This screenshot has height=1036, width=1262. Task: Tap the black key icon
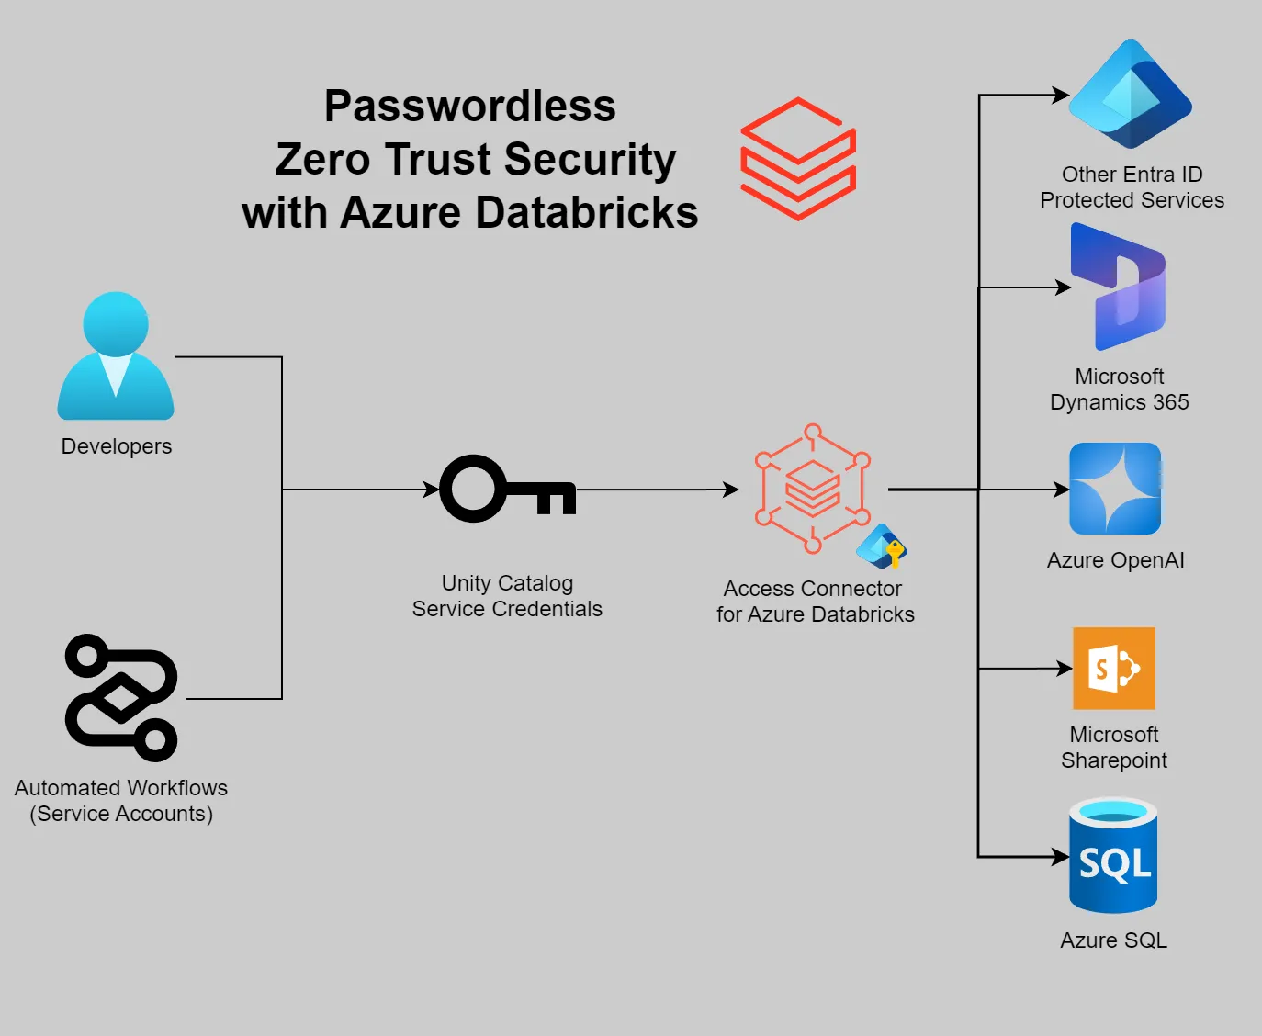tap(507, 489)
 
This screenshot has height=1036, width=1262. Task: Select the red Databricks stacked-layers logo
tap(798, 159)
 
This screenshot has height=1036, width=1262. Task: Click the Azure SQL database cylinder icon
tap(1113, 856)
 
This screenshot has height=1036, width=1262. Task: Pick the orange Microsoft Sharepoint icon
tap(1114, 669)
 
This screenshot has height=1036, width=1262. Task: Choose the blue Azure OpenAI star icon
tap(1115, 489)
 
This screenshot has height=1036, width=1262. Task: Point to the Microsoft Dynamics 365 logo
tap(1119, 287)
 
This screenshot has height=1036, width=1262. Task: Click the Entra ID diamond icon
tap(1130, 95)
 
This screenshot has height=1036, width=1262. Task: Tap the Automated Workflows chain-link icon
tap(121, 698)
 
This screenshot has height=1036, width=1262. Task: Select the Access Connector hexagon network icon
tap(812, 489)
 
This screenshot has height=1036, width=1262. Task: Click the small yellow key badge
tap(894, 552)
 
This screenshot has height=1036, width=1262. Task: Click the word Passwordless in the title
tap(469, 107)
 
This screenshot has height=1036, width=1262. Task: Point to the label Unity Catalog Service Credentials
tap(507, 596)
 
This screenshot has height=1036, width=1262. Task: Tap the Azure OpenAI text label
tap(1115, 560)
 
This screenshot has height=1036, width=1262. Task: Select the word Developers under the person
tap(117, 446)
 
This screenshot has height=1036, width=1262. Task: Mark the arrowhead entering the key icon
tap(431, 490)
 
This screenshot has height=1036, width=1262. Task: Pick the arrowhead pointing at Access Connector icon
tap(731, 490)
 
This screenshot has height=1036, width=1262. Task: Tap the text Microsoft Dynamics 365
tap(1119, 389)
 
